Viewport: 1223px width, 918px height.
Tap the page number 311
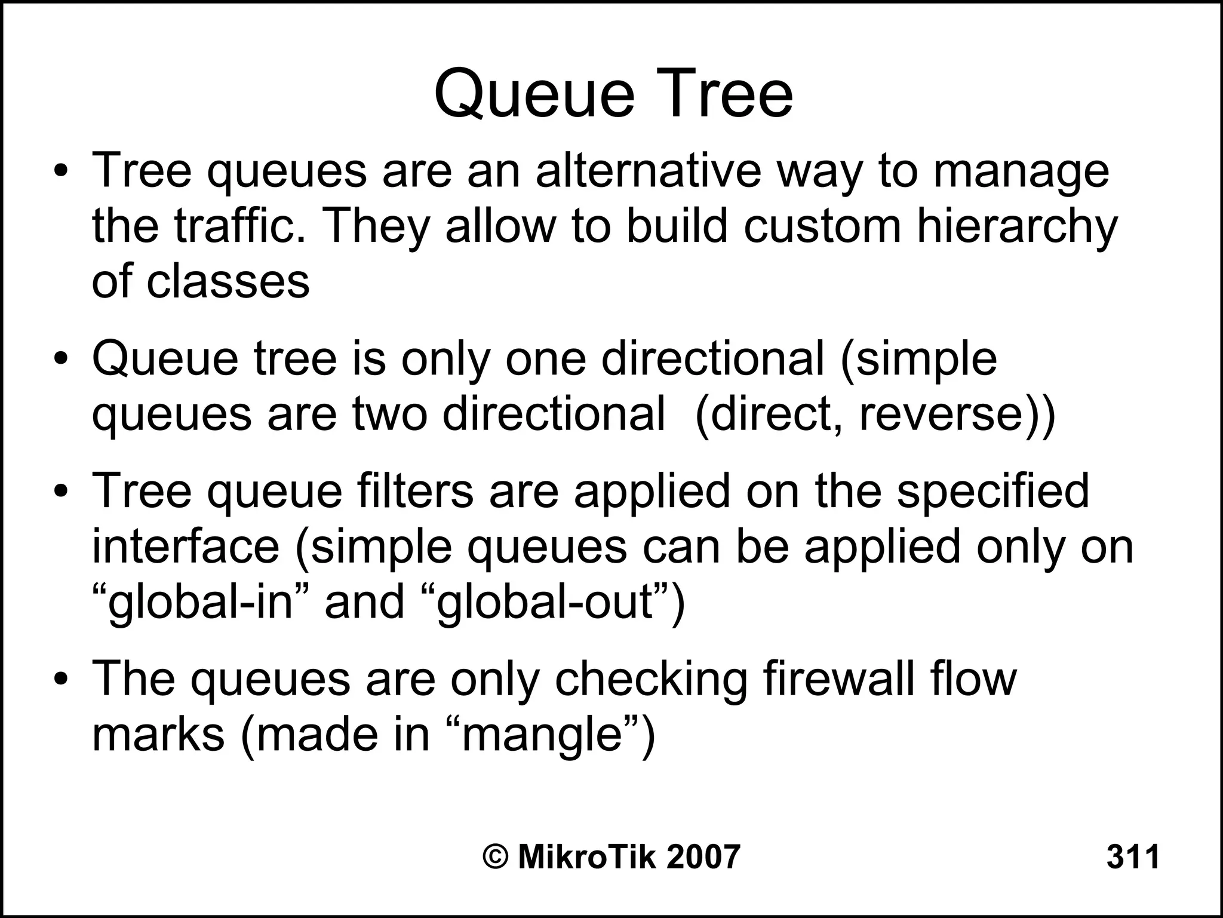1133,856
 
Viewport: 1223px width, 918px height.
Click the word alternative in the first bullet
649,171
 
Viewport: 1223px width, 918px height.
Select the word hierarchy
1016,228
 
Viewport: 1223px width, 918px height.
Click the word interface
186,546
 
